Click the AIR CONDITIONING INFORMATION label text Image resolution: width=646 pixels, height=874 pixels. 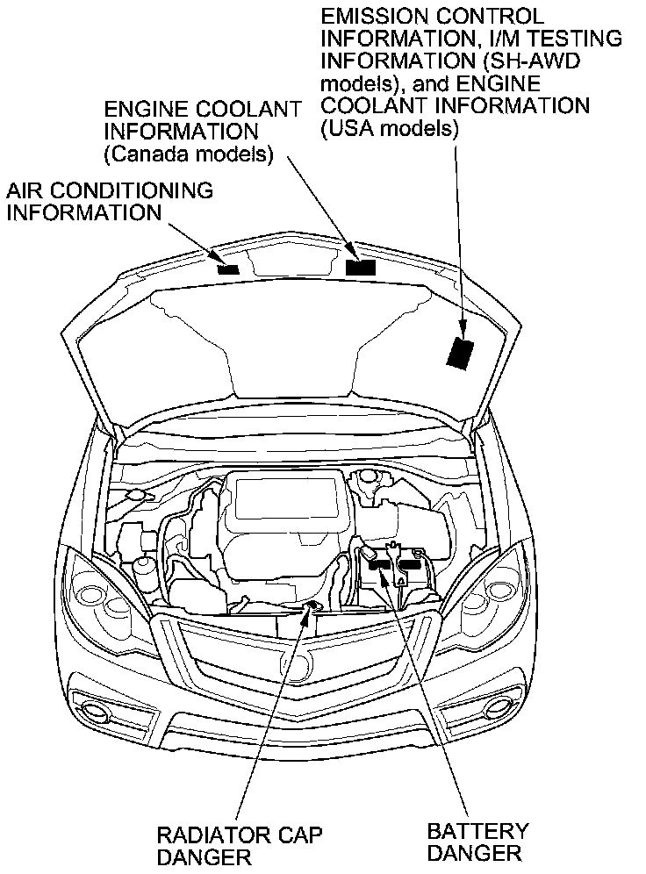point(110,201)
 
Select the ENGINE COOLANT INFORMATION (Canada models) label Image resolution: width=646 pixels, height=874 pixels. point(202,132)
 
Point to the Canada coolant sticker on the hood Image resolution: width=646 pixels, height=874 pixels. point(361,267)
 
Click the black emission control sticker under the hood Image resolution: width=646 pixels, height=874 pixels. point(459,353)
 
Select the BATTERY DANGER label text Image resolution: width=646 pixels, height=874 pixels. point(478,840)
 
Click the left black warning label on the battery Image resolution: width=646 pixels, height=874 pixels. point(379,565)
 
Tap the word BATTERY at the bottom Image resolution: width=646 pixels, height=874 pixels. point(478,829)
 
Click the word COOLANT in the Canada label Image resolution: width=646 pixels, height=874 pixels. point(253,110)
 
